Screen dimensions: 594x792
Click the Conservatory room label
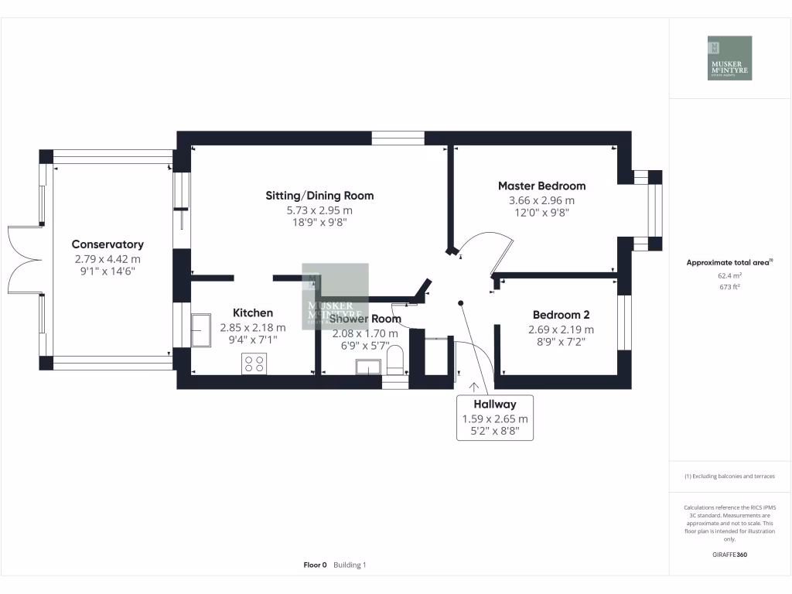tap(108, 244)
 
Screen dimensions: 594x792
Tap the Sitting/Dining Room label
tap(319, 196)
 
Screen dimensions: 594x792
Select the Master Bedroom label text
tap(541, 186)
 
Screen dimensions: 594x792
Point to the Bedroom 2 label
tap(561, 315)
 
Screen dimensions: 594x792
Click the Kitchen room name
tap(253, 313)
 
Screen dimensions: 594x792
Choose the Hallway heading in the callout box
tap(495, 404)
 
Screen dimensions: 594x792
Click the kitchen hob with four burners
tap(254, 363)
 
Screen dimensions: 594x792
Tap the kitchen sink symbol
tap(203, 331)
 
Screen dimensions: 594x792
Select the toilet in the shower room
tap(395, 360)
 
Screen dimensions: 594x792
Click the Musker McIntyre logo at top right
tap(730, 58)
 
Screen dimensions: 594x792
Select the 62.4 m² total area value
tap(730, 275)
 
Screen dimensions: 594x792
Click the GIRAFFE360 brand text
tap(730, 555)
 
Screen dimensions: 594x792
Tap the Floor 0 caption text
tap(316, 565)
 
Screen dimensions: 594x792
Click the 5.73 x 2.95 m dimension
tap(319, 210)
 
